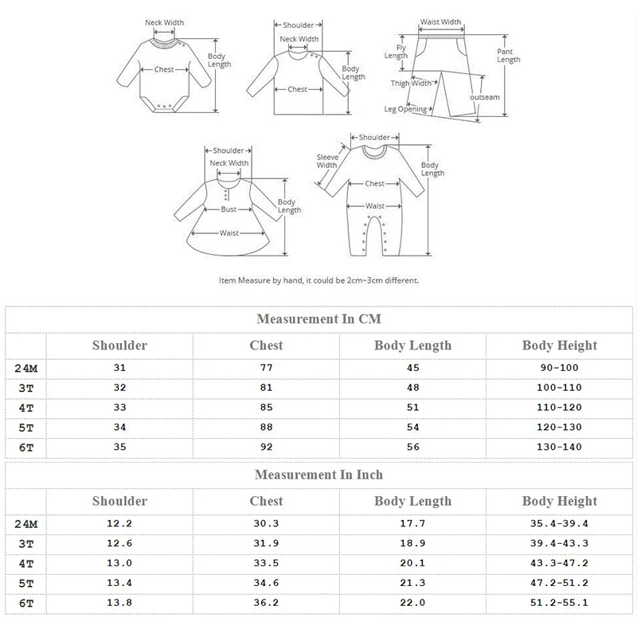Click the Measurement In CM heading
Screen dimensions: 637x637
click(x=318, y=318)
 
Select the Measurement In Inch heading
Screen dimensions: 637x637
click(x=318, y=475)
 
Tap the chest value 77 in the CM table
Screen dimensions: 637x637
click(x=266, y=367)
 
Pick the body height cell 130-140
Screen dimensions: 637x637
click(x=559, y=448)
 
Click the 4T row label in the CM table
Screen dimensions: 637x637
click(x=25, y=408)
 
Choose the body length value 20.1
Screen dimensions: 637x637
click(x=412, y=563)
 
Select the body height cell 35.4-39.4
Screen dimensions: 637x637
click(x=559, y=523)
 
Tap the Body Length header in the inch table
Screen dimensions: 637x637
click(x=412, y=501)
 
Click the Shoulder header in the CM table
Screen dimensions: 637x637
click(x=119, y=346)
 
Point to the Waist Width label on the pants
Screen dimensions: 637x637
click(x=440, y=22)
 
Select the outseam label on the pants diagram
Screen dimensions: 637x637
click(x=485, y=97)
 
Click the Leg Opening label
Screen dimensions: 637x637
click(x=405, y=110)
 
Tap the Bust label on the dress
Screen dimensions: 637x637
click(x=229, y=210)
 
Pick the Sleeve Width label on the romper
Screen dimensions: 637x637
click(x=327, y=161)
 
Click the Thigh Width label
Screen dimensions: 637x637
click(x=411, y=83)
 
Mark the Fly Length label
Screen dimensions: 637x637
click(x=396, y=52)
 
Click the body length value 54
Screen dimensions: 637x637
click(x=412, y=428)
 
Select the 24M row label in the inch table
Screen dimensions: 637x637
click(x=25, y=523)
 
